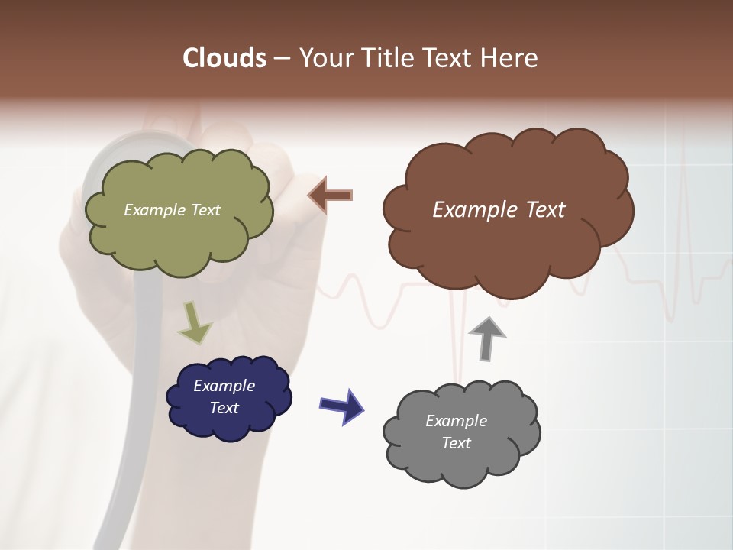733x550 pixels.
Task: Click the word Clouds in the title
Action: (224, 58)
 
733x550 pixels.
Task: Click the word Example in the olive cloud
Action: (154, 210)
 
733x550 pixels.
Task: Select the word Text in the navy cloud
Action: (224, 408)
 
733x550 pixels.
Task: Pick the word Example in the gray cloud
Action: (456, 421)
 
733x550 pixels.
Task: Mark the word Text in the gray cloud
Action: (456, 443)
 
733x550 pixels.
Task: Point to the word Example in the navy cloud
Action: (224, 386)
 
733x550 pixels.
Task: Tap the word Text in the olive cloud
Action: (205, 210)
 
